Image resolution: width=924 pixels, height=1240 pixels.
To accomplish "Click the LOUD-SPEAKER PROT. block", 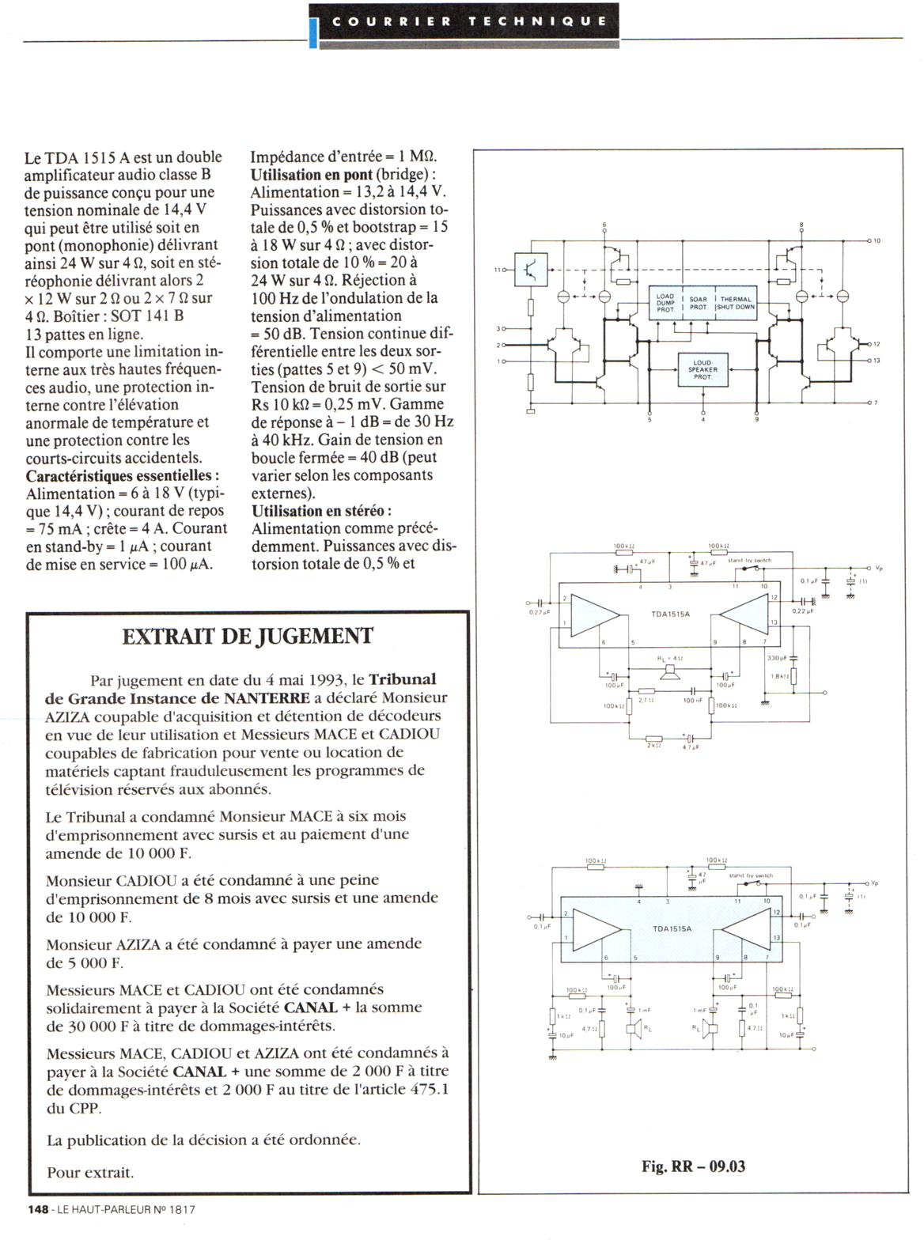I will click(702, 369).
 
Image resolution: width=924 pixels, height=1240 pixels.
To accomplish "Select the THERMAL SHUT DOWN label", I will click(736, 304).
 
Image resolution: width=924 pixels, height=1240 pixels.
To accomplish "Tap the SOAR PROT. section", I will click(698, 304).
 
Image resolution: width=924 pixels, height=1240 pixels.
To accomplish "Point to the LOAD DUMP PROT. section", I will click(665, 304).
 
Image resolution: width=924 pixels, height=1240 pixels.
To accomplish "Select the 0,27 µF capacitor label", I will click(540, 612).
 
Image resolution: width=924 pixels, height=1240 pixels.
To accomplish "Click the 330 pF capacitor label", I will click(777, 659).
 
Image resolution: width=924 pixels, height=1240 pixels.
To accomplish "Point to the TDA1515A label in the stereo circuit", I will click(672, 928).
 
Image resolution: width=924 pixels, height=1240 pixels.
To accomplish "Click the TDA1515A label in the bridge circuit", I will click(671, 614).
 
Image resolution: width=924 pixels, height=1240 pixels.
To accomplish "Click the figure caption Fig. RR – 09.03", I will click(693, 1166).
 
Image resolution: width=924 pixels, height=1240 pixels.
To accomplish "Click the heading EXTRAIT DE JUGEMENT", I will click(248, 636).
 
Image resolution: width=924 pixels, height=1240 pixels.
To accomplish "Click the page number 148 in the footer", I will click(38, 1209).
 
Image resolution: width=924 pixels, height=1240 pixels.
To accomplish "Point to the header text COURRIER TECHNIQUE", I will click(470, 21).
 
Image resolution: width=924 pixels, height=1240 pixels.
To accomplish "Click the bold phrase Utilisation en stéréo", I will click(321, 511).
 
